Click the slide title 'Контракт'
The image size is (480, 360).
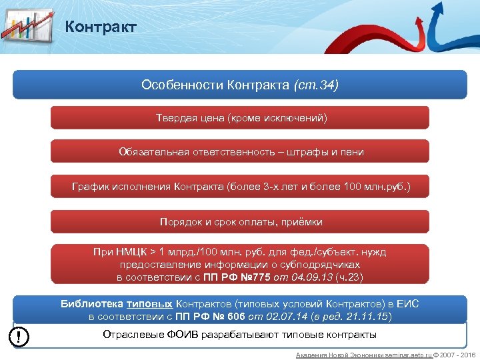coord(101,27)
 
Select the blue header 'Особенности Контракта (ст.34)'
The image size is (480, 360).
coord(239,85)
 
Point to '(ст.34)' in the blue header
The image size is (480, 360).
coord(316,85)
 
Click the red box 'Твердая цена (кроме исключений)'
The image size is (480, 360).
coord(239,118)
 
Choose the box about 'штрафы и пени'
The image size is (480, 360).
coord(239,152)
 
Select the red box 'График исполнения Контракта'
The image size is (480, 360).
coord(239,187)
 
